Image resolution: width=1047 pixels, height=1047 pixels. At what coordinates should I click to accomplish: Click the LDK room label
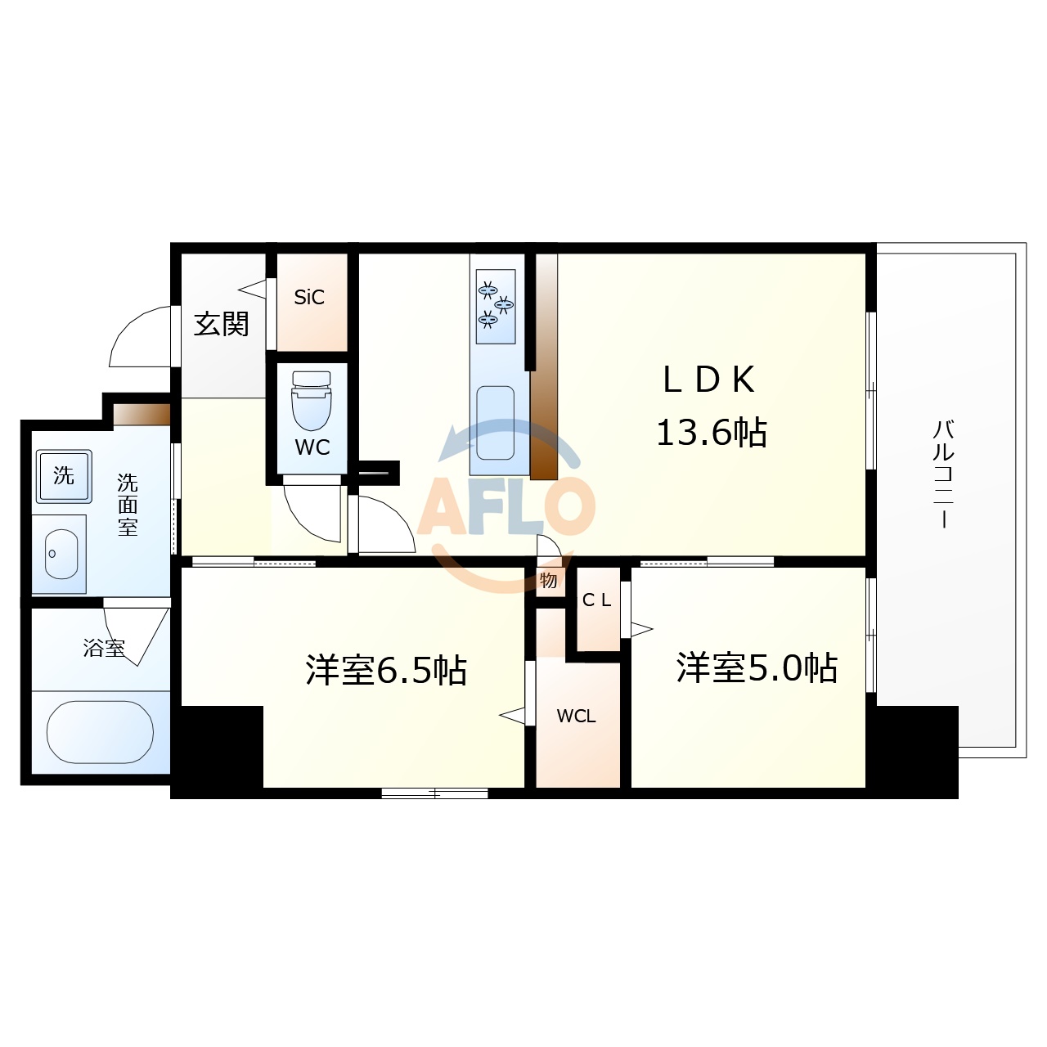(708, 380)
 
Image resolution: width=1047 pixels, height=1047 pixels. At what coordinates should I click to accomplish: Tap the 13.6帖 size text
(711, 432)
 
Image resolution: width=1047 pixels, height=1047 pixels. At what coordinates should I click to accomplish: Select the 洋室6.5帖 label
(386, 670)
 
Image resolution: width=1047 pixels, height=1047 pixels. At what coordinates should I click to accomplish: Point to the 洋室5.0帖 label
(757, 667)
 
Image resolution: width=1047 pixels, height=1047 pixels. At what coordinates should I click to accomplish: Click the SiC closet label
(309, 298)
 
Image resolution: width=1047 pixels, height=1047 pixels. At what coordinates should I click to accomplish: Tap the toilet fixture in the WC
(312, 400)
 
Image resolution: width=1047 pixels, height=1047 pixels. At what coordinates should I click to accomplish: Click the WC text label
(312, 447)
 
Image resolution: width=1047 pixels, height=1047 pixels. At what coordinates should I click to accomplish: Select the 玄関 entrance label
(221, 325)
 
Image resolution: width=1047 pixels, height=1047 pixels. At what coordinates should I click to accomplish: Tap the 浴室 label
(104, 649)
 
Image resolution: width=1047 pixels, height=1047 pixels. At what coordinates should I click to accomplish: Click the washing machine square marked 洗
(64, 475)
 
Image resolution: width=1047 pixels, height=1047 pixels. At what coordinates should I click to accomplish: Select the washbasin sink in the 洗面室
(61, 554)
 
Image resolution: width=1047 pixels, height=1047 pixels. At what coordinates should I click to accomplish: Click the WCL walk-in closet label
(576, 717)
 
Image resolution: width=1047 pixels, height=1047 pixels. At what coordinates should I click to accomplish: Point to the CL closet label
(596, 600)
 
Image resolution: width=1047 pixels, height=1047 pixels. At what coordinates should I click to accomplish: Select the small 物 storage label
(549, 580)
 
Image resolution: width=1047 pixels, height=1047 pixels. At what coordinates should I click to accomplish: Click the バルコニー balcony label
(944, 474)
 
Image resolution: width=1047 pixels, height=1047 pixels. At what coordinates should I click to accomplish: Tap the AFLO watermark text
(506, 507)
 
